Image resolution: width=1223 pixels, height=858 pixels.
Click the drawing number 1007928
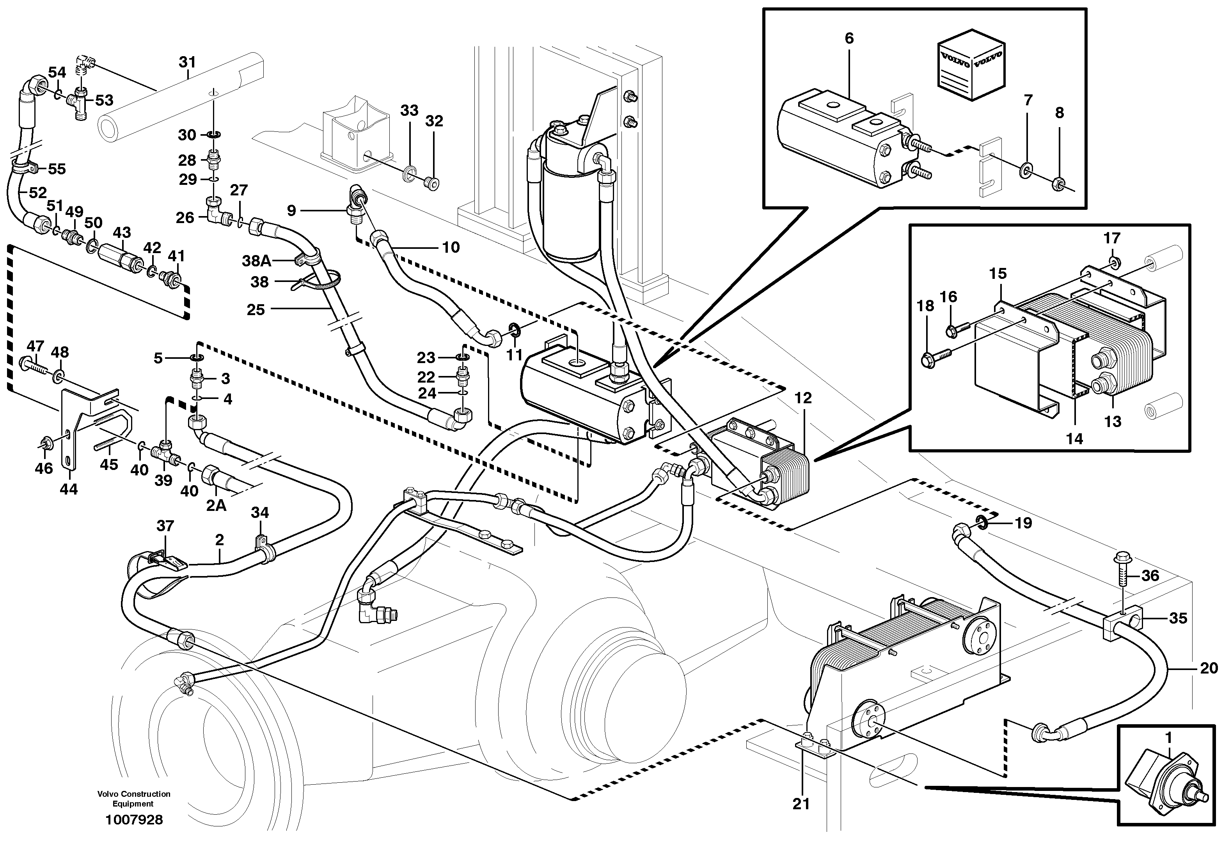[134, 820]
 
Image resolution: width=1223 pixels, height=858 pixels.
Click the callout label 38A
[257, 261]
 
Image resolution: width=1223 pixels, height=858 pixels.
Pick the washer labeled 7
[1025, 172]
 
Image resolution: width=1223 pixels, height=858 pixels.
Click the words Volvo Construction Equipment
[134, 798]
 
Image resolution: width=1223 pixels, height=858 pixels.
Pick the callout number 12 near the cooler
[803, 398]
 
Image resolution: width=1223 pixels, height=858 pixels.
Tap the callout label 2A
[216, 505]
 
